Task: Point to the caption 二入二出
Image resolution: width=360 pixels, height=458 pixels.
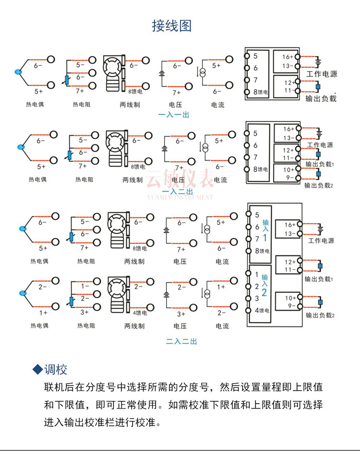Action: [x=181, y=342]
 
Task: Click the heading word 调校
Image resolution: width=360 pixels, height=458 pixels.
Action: [x=56, y=370]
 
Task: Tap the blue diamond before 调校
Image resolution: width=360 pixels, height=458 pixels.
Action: [x=37, y=370]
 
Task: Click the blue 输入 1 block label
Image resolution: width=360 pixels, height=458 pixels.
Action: [x=264, y=231]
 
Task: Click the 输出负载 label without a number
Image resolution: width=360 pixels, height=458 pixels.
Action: [x=321, y=98]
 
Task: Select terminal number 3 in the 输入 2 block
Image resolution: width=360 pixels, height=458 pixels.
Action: [x=257, y=298]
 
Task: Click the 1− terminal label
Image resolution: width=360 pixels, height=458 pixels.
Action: [x=85, y=286]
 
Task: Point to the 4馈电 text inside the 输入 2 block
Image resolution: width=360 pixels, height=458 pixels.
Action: [x=262, y=311]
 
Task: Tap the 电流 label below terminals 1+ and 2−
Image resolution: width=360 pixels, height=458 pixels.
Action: [x=222, y=326]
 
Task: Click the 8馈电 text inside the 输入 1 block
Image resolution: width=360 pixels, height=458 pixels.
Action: [x=262, y=251]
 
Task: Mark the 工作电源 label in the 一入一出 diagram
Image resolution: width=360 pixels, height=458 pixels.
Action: [x=322, y=74]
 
